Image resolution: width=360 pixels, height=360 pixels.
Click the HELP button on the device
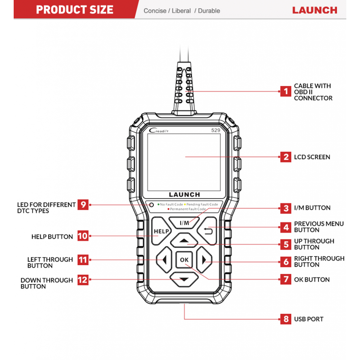coord(161,231)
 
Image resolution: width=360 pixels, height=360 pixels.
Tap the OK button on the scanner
coord(184,260)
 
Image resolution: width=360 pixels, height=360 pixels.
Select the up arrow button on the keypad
coord(184,240)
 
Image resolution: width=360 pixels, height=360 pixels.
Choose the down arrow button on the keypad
coord(184,279)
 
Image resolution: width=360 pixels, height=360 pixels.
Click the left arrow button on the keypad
coord(164,260)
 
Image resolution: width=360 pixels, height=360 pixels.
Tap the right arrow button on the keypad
coord(204,260)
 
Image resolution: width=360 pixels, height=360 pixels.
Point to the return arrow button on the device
coord(207,231)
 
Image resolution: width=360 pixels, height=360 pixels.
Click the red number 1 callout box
coord(286,91)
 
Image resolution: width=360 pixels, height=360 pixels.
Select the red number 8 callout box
coord(286,319)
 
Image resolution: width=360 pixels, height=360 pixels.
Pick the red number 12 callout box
coord(83,280)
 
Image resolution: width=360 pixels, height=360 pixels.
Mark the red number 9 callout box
coord(83,204)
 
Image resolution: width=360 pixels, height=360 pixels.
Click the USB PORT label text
coord(309,319)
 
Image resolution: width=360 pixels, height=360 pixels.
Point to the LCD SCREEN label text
coord(312,157)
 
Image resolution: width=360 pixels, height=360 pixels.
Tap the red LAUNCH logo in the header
coord(315,10)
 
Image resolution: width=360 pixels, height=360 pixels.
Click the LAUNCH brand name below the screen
coord(184,195)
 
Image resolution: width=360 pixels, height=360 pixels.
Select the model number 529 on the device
coord(216,130)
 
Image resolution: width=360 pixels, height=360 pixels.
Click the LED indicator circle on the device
coord(151,204)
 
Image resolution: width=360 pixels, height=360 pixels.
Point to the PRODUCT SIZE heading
coord(75,10)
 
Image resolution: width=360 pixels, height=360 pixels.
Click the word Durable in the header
coord(209,11)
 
